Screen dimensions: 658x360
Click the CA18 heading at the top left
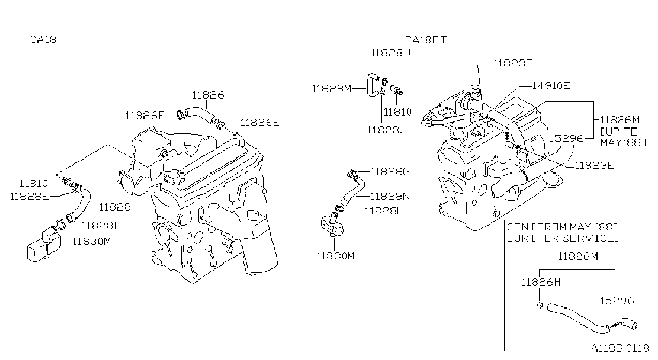click(43, 40)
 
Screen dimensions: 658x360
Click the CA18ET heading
click(426, 40)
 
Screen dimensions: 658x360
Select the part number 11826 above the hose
click(208, 95)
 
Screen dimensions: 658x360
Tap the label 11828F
click(101, 226)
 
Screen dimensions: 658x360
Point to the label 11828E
click(29, 196)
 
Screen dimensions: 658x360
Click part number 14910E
click(551, 86)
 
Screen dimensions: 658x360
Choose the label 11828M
click(331, 88)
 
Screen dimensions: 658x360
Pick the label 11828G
click(390, 171)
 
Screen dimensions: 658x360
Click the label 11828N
click(390, 196)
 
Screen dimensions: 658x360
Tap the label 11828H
click(384, 211)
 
